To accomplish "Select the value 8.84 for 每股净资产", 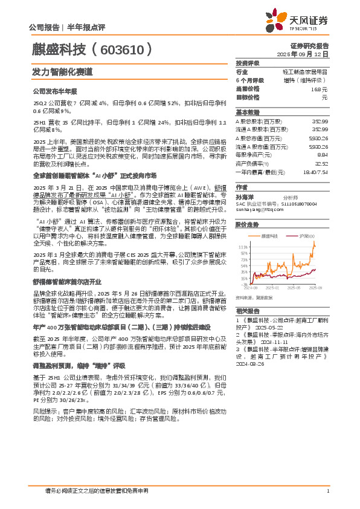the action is click(x=322, y=154).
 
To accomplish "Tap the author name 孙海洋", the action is click(x=244, y=196).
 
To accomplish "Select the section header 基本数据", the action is click(x=247, y=112).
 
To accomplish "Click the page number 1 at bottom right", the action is click(x=327, y=491).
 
